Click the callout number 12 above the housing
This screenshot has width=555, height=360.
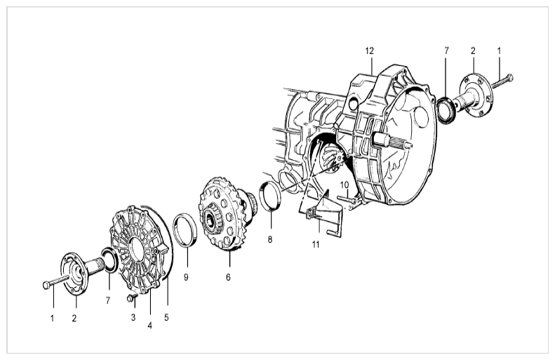(369, 51)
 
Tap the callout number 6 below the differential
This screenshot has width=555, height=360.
(228, 277)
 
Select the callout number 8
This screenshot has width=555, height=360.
(270, 239)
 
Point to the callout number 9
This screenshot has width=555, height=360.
(186, 277)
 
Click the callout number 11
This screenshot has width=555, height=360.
(316, 244)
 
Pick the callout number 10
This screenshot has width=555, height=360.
(345, 185)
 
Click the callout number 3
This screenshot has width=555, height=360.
(133, 317)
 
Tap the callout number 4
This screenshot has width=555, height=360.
(149, 326)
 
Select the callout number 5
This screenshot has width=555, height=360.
(166, 317)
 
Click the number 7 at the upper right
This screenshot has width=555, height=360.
(446, 51)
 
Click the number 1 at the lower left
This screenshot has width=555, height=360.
(53, 319)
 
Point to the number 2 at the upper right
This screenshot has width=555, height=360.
(473, 51)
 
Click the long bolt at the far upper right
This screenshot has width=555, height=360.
(502, 81)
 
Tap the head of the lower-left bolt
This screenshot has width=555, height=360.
(46, 285)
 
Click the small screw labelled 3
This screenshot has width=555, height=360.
(132, 298)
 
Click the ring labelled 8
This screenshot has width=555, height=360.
(271, 196)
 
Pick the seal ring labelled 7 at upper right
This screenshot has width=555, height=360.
(446, 110)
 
